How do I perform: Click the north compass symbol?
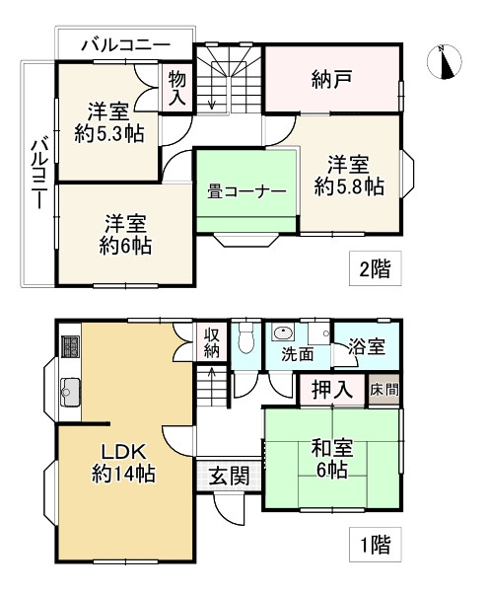pos(445,62)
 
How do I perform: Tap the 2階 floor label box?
pos(375,268)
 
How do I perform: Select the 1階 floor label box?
pos(375,545)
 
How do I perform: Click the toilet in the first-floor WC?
pos(245,337)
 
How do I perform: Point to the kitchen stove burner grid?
pos(71,346)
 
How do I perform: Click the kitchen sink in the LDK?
pos(70,392)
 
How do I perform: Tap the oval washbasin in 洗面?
pos(283,333)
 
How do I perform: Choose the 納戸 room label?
pos(332,79)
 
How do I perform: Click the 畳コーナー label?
pos(245,192)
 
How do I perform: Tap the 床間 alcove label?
pos(384,390)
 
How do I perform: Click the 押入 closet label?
pos(332,390)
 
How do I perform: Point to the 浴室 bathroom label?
pos(367,346)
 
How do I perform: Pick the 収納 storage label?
pos(212,342)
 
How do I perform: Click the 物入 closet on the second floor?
pos(176,89)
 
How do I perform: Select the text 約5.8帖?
pos(349,186)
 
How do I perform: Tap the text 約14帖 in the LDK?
pos(123,474)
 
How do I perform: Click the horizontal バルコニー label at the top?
pos(126,45)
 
